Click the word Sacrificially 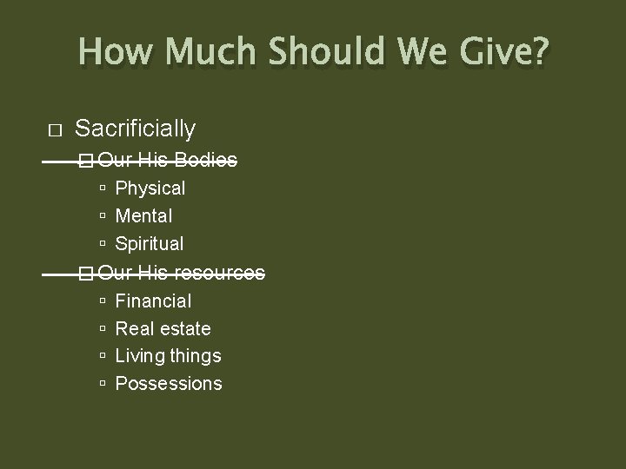pos(136,129)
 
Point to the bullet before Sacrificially pos(55,130)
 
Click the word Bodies pos(205,160)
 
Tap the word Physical pos(150,188)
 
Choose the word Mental pos(143,215)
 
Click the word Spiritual pos(150,243)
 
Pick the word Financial pos(153,301)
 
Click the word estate pos(188,328)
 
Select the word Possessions pos(169,383)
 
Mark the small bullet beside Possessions pos(103,384)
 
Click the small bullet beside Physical pos(103,188)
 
